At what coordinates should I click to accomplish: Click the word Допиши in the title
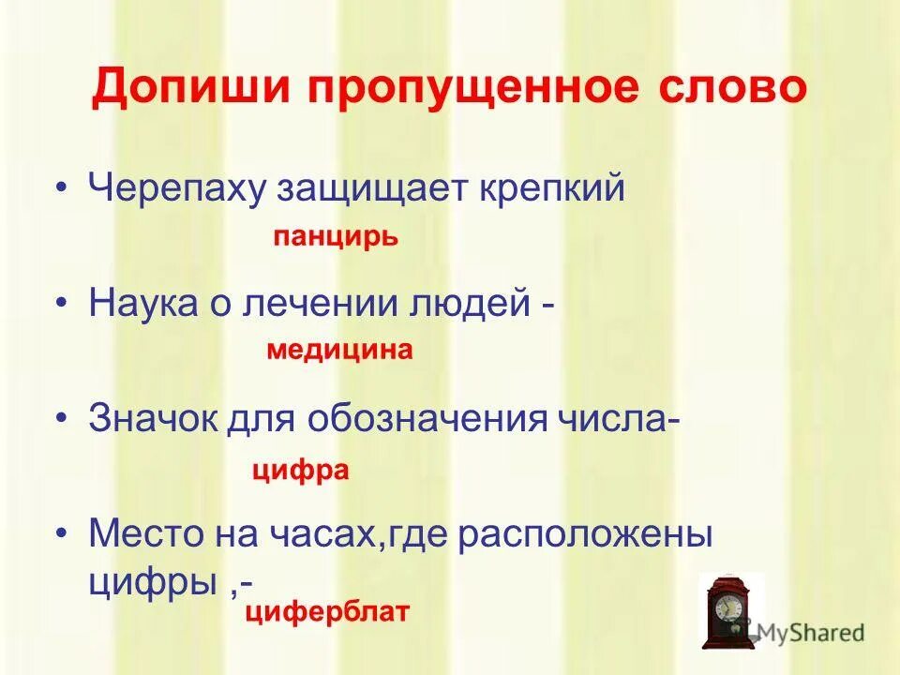pyautogui.click(x=187, y=90)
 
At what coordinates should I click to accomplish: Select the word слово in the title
pyautogui.click(x=734, y=90)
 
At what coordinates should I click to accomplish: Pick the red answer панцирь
pyautogui.click(x=336, y=237)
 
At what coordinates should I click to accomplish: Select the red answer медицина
pyautogui.click(x=339, y=351)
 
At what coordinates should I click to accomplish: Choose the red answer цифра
pyautogui.click(x=300, y=470)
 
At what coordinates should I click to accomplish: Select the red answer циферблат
pyautogui.click(x=327, y=613)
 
